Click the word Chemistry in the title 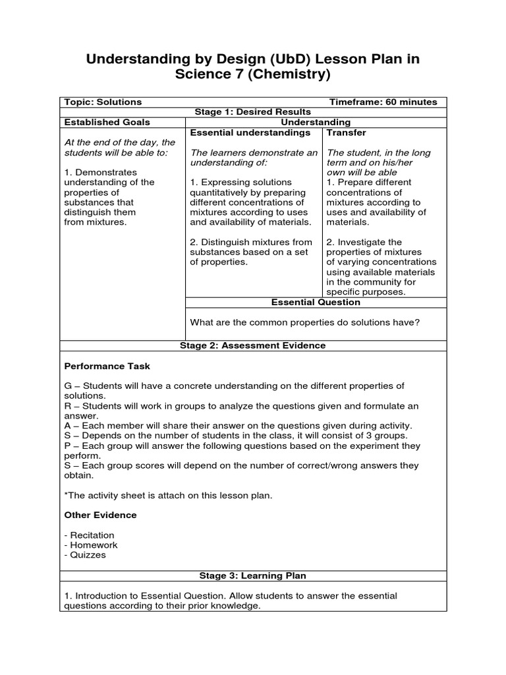284,75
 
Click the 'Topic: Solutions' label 103,102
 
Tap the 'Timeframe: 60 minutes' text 383,102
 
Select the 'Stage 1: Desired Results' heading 253,112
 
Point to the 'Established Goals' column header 107,122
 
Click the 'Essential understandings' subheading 250,132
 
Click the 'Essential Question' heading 316,302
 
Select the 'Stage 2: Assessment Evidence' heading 253,345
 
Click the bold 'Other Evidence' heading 100,515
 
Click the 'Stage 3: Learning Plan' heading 253,576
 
